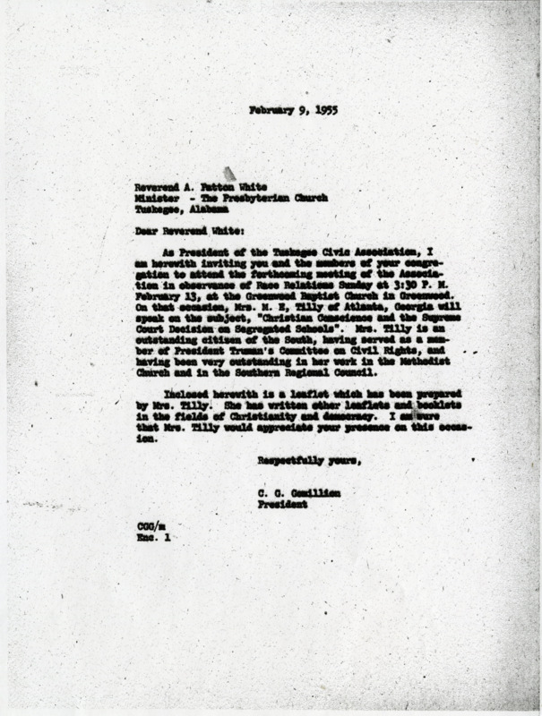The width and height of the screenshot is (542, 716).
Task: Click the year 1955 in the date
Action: tap(305, 111)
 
